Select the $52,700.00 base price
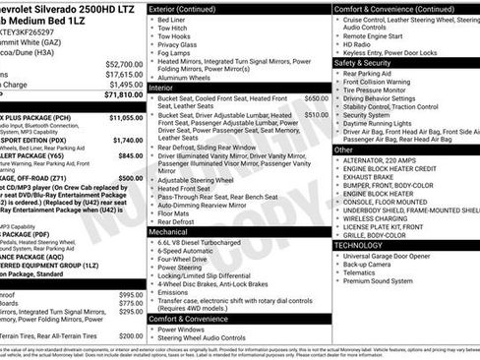click(x=121, y=63)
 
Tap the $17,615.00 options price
click(x=121, y=74)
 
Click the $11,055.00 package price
click(x=122, y=117)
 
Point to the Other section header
click(x=344, y=150)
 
